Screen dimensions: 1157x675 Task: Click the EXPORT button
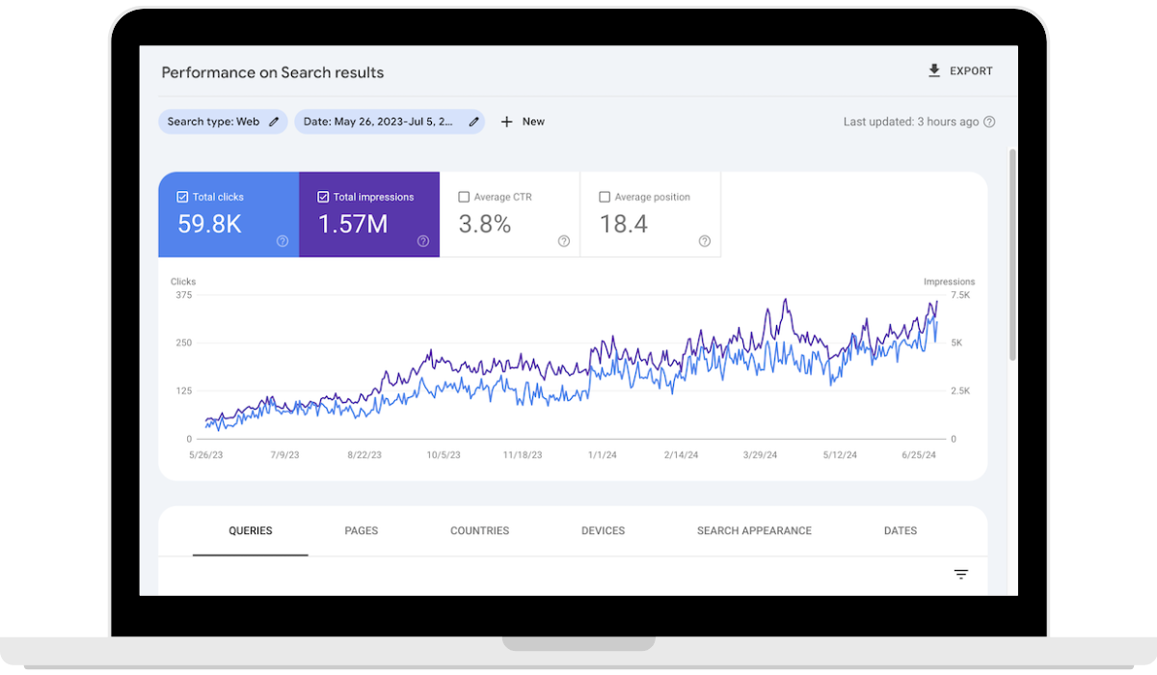click(x=959, y=71)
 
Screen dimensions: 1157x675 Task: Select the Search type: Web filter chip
click(x=223, y=121)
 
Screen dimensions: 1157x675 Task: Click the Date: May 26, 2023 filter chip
click(x=389, y=121)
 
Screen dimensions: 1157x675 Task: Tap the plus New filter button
click(x=523, y=121)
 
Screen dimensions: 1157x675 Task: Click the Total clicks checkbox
click(x=183, y=197)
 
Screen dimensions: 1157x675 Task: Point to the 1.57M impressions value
click(x=353, y=225)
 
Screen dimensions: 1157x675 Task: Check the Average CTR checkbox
click(x=464, y=197)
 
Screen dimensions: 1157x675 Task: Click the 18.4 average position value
click(x=623, y=225)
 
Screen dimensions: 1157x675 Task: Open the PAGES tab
click(x=362, y=531)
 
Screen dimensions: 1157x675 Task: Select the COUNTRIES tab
click(x=479, y=531)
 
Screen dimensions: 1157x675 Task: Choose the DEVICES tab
click(x=603, y=531)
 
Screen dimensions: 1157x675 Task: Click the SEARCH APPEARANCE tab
click(x=754, y=531)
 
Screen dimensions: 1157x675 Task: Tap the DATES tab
click(x=901, y=531)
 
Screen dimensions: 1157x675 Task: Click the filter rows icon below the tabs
click(x=961, y=575)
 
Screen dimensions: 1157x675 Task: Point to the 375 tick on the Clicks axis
click(x=183, y=295)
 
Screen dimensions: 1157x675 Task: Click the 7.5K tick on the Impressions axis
click(x=960, y=295)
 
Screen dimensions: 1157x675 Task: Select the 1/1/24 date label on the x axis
click(x=603, y=455)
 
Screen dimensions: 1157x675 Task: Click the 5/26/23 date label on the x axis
click(x=205, y=455)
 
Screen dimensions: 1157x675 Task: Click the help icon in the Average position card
click(x=705, y=241)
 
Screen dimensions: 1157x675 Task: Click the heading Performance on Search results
click(x=273, y=72)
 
